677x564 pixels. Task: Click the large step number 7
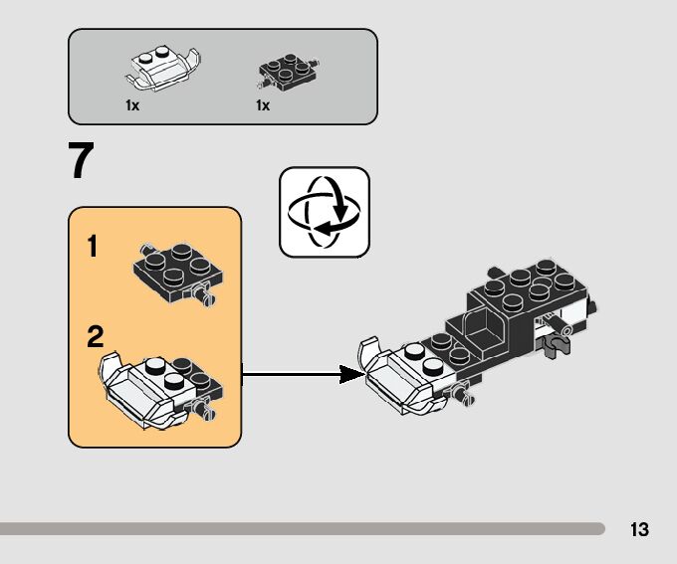tap(82, 161)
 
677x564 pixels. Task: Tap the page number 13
tap(639, 529)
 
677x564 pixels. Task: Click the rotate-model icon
tap(325, 212)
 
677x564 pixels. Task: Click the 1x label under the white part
tap(132, 105)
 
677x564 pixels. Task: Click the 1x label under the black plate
tap(263, 105)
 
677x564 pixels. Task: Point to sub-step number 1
tap(93, 247)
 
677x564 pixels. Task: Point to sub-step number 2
tap(95, 337)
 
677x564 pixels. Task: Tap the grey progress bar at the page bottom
tap(299, 528)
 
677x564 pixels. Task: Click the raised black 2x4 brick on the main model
tap(528, 288)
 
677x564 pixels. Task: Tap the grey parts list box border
tap(222, 30)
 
